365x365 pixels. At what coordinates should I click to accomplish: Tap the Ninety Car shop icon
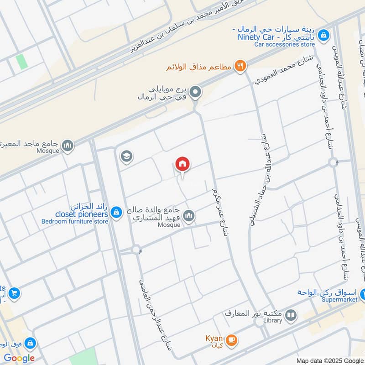tap(323, 34)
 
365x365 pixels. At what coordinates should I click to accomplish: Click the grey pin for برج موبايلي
tap(196, 93)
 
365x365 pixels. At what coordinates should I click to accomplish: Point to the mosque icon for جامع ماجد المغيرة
tap(68, 146)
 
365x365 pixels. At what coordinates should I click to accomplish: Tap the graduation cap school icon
tap(126, 157)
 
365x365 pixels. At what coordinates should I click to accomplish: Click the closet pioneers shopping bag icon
tap(116, 212)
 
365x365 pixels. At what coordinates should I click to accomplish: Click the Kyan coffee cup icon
tap(231, 340)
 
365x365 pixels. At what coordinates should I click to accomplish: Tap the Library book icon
tap(290, 315)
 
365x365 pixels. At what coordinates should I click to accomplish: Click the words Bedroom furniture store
tap(75, 221)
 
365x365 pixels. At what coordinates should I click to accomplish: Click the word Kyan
tap(214, 339)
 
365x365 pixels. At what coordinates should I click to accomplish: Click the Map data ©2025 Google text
tap(330, 360)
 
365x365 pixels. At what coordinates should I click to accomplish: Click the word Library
tap(272, 321)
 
